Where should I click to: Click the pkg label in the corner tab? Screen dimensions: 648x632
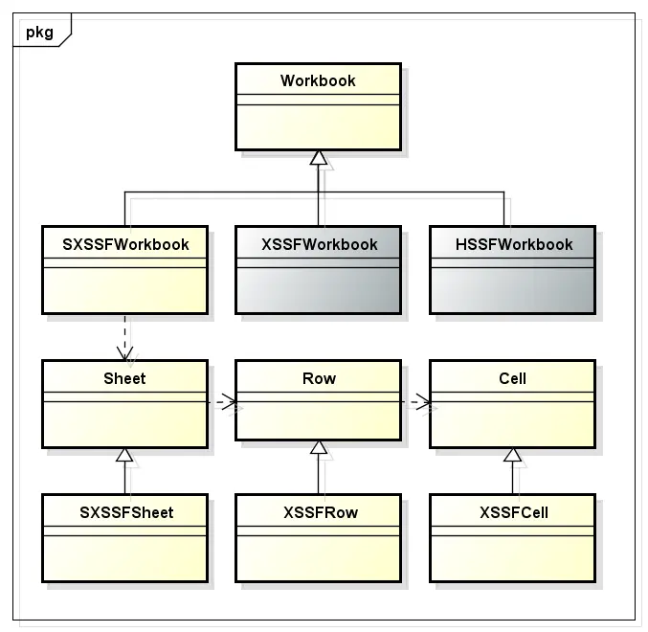tap(39, 33)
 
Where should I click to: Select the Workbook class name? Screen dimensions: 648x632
tap(318, 80)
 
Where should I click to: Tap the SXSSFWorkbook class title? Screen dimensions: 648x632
tap(125, 244)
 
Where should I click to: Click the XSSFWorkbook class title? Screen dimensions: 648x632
tap(320, 244)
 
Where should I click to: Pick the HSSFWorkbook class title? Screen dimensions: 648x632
tap(514, 244)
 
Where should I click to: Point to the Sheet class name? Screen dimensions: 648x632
tap(124, 378)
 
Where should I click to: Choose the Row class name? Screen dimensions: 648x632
tap(319, 378)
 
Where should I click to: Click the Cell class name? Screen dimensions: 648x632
tap(512, 378)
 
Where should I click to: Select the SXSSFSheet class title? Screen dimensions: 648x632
tap(126, 512)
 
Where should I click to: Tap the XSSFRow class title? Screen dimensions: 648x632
tap(321, 512)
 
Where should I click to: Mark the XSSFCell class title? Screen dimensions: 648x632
tap(514, 512)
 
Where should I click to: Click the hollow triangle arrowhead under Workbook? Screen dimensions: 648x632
tap(318, 157)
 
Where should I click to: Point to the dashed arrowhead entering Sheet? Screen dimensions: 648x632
tap(124, 353)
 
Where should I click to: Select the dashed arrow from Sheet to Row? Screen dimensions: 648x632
tap(222, 401)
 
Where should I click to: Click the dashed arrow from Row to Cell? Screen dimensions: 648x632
tap(415, 401)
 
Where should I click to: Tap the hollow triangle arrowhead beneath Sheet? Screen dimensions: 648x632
tap(124, 455)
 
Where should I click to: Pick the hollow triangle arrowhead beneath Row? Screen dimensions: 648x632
tap(318, 447)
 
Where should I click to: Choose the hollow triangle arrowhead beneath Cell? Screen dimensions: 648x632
tap(512, 455)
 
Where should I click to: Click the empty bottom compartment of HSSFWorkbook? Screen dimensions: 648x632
tap(512, 289)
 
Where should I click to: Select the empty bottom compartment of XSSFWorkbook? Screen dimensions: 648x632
tap(318, 289)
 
